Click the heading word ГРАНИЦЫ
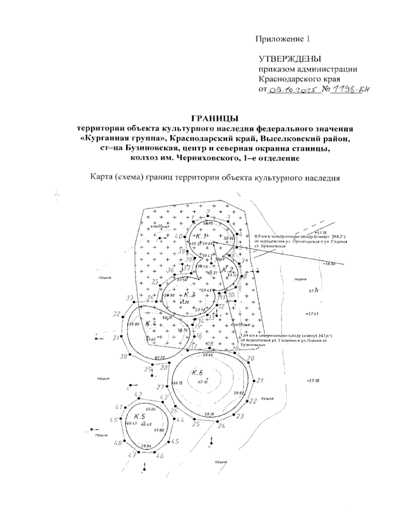click(214, 118)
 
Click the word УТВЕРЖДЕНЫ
click(289, 60)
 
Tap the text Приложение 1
click(283, 39)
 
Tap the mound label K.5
click(139, 416)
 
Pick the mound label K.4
click(151, 323)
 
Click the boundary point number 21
click(260, 380)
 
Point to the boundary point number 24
click(221, 426)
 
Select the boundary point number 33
click(130, 298)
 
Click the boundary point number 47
click(132, 455)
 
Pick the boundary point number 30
click(124, 356)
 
